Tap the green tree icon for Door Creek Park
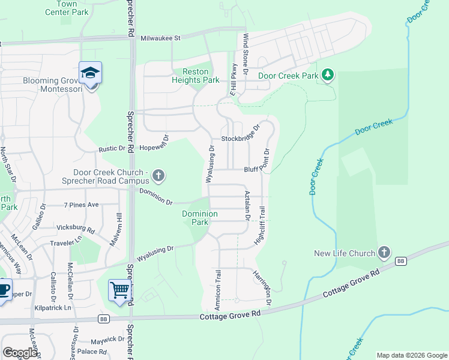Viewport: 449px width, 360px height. pos(327,75)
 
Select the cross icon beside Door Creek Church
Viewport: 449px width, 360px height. pos(158,176)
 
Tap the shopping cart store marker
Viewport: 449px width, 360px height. pos(120,291)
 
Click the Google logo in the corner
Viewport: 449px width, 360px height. pos(20,353)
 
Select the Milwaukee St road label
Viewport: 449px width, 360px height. pos(160,38)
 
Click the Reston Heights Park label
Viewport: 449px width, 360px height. pos(195,76)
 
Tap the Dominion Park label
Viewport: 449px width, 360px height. pos(195,217)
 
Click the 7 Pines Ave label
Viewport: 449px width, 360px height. pos(81,205)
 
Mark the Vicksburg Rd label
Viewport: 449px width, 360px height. pos(76,229)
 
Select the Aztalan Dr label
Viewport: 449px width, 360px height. pos(247,206)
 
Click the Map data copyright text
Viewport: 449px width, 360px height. pos(411,355)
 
